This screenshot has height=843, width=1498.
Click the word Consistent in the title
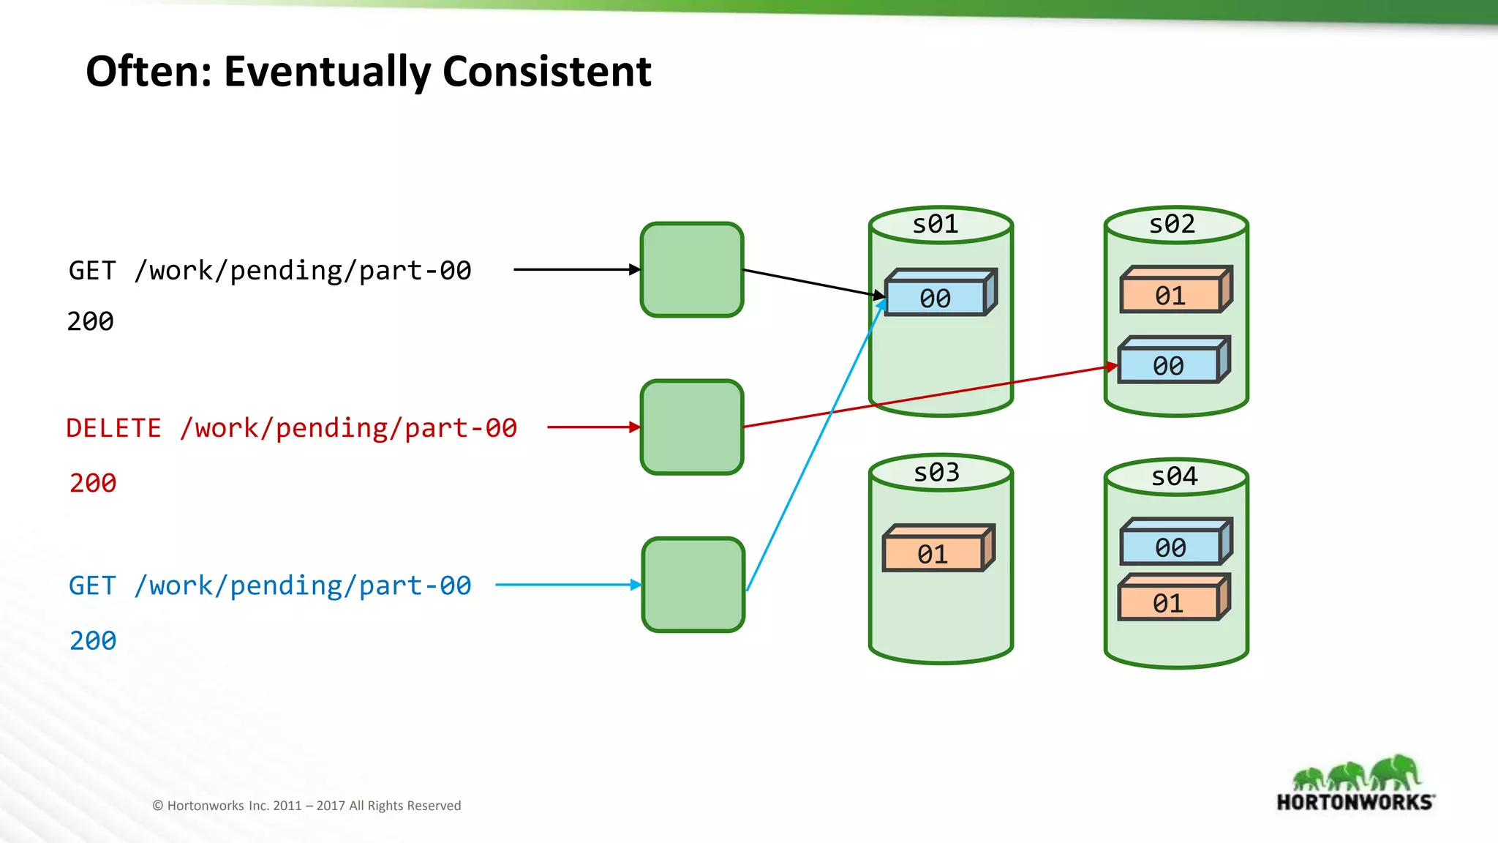click(546, 72)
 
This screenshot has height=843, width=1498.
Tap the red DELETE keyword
click(113, 428)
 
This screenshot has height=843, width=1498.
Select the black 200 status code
click(91, 322)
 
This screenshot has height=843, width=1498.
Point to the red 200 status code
click(93, 484)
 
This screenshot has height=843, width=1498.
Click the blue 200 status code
click(93, 641)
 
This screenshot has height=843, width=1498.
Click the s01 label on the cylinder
click(935, 224)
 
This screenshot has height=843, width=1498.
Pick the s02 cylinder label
click(1172, 224)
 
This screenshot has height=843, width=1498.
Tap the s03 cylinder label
click(936, 473)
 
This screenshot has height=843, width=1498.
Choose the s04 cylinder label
click(1174, 476)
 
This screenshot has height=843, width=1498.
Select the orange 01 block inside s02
click(1170, 296)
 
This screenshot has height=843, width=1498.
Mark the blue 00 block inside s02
click(1168, 365)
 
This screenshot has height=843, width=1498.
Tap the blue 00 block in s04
click(1170, 547)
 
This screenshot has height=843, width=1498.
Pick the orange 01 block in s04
click(1168, 603)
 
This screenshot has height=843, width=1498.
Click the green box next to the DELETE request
click(692, 427)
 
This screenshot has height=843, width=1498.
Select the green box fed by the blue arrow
click(693, 585)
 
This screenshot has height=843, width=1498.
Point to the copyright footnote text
click(306, 806)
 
